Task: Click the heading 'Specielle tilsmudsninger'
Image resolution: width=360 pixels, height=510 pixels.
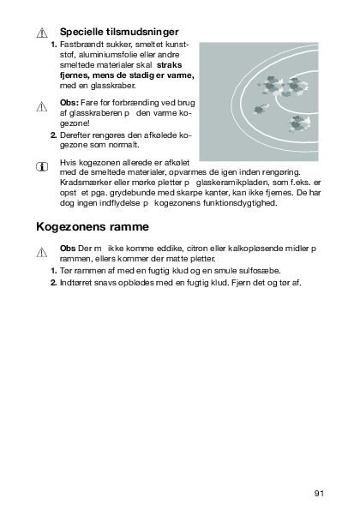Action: click(119, 32)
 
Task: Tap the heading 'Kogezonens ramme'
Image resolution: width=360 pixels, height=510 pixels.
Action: click(93, 226)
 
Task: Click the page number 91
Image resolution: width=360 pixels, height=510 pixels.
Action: click(319, 494)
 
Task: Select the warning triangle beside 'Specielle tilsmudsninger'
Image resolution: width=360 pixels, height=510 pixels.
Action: click(42, 33)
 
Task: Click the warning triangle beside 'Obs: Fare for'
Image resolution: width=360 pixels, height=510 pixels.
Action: click(42, 106)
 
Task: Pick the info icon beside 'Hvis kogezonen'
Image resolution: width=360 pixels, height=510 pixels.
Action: click(42, 167)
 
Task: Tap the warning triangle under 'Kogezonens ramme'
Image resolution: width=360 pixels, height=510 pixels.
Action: click(42, 252)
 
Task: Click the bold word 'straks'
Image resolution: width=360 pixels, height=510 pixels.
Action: click(169, 65)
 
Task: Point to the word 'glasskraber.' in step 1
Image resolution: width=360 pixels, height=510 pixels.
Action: click(113, 86)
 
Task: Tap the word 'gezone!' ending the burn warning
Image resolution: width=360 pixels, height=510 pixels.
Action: click(75, 124)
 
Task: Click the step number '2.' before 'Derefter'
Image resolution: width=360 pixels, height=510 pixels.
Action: click(54, 135)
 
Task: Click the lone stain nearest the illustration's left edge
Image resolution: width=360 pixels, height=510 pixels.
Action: click(261, 109)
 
